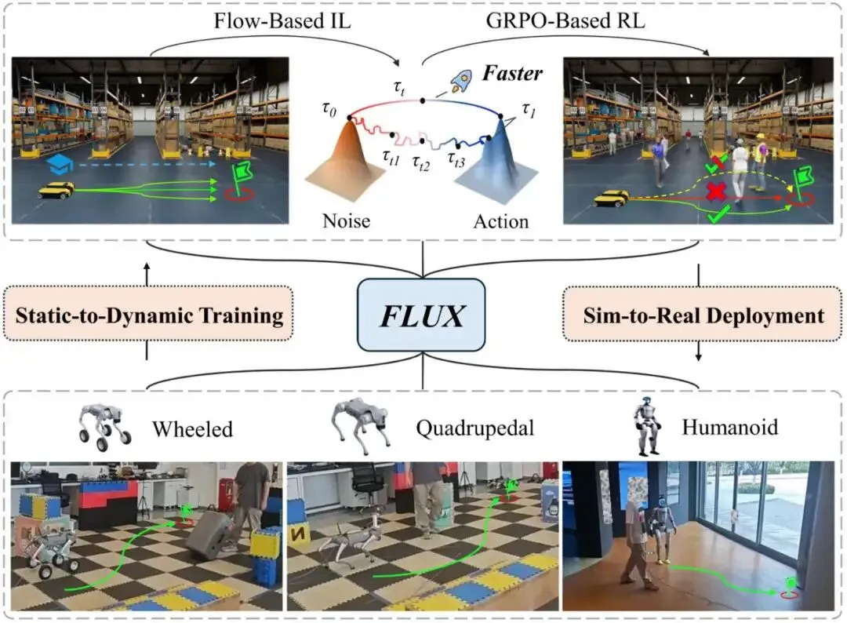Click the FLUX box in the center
click(423, 315)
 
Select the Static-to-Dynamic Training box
click(147, 316)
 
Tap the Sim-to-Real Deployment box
click(703, 316)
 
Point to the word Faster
click(511, 74)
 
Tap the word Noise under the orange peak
click(346, 221)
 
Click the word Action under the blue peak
click(500, 221)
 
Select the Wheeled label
click(192, 428)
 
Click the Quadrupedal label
click(476, 428)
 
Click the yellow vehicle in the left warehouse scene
click(56, 191)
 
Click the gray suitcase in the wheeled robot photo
click(208, 536)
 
